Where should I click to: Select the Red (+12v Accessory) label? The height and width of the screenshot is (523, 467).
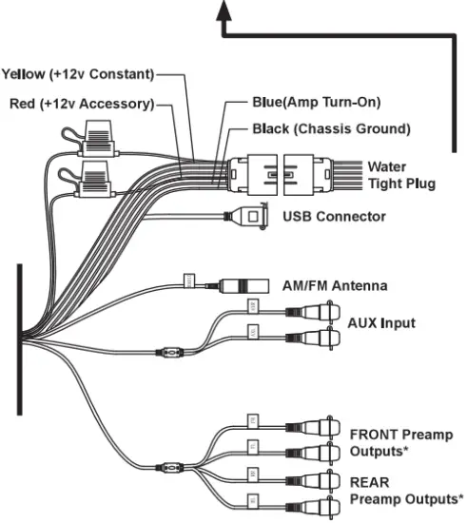80,104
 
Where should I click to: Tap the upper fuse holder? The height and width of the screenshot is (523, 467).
95,142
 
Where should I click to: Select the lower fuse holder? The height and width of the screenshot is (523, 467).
95,176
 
